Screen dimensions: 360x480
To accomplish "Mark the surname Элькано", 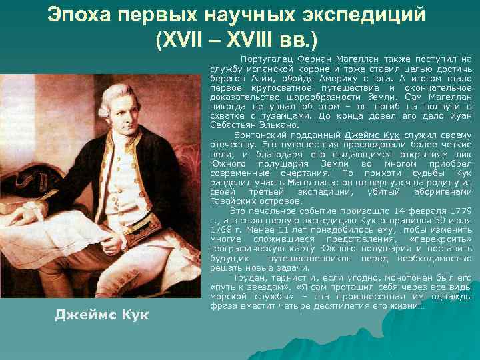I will (x=281, y=125).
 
